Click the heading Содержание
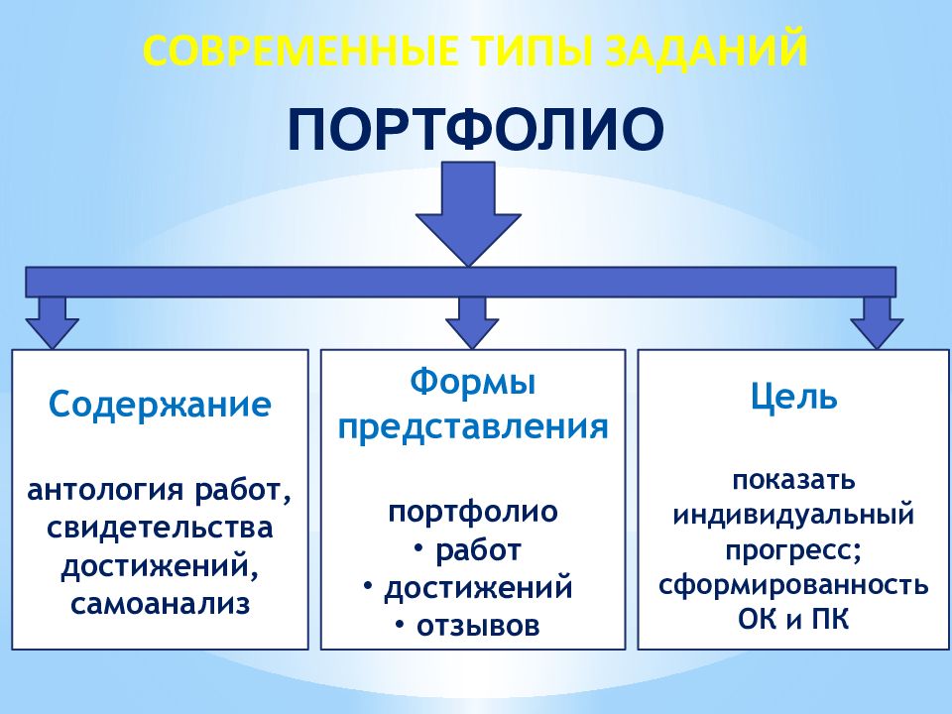(160, 405)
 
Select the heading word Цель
(793, 398)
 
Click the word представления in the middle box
(472, 426)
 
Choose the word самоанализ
(160, 603)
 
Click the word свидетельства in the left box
(160, 528)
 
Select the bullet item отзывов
(477, 625)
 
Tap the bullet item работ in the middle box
(477, 550)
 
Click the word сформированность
(793, 583)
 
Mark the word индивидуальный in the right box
(793, 516)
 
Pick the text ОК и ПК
(793, 620)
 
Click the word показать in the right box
(793, 481)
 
